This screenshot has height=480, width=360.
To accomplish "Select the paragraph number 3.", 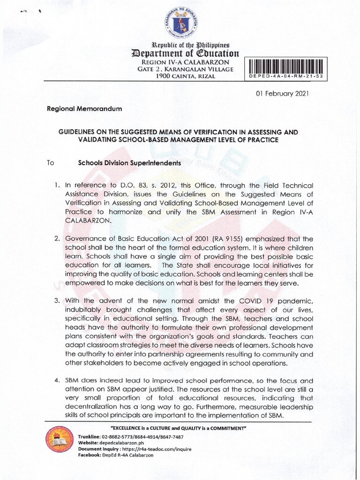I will [x=57, y=300].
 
